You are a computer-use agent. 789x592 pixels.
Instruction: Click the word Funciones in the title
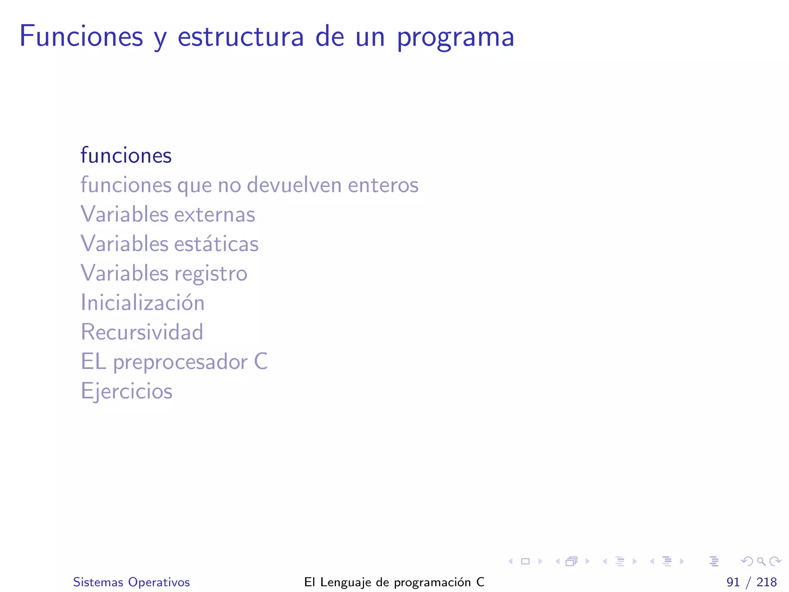coord(81,36)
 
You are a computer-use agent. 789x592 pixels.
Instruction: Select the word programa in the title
coord(455,38)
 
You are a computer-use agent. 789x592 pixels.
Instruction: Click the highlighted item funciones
coord(126,155)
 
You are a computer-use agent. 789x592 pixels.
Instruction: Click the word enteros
coord(383,185)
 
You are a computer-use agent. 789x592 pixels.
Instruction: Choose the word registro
coord(211,274)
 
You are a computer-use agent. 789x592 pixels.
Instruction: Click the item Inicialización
coord(143,303)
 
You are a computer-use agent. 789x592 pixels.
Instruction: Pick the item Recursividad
coord(142,332)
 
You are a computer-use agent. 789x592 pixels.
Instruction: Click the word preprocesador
coord(180,362)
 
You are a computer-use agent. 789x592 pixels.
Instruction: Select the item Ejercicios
coord(126,391)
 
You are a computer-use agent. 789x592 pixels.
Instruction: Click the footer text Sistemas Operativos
coord(131,582)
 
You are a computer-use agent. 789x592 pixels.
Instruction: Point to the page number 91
coord(733,582)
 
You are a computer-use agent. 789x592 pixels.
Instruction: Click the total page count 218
coord(766,582)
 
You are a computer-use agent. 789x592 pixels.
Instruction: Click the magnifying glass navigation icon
coord(761,561)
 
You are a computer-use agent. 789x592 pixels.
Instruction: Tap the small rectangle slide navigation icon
coord(525,561)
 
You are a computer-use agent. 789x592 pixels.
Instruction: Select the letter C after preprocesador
coord(261,362)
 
